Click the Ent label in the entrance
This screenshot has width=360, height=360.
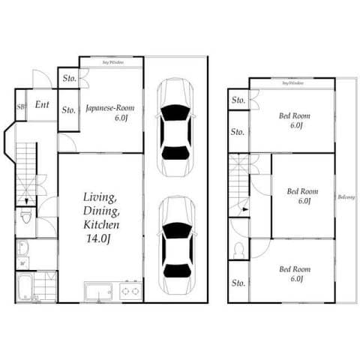(x=42, y=106)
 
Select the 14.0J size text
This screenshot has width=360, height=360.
(x=100, y=239)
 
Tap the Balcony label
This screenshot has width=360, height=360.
(x=346, y=197)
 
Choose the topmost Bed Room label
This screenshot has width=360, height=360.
(x=295, y=116)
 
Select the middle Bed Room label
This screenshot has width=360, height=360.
(x=304, y=191)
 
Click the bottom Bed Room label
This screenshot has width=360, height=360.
(x=295, y=268)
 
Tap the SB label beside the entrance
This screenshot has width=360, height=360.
(x=20, y=106)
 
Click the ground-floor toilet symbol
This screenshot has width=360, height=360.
(x=26, y=218)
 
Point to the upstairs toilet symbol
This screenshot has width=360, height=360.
(x=239, y=250)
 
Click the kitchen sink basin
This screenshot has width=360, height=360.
(x=98, y=291)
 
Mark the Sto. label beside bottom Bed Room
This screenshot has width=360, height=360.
(x=238, y=283)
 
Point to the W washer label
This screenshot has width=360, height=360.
(x=22, y=263)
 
